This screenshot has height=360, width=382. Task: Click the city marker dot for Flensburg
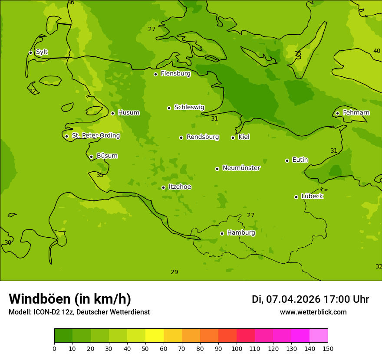point(155,74)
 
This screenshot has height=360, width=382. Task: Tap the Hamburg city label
point(241,233)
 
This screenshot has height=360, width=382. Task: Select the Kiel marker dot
point(233,137)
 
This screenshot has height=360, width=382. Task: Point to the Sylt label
point(42,52)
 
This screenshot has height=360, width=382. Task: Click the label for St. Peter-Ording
point(96,136)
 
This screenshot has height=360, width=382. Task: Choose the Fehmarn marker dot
point(337,113)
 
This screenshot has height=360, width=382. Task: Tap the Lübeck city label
point(312,196)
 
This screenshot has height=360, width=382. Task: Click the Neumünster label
point(241,168)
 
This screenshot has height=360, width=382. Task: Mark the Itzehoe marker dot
point(163,187)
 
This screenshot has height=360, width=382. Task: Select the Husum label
point(128,113)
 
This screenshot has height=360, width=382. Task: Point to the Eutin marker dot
point(287,160)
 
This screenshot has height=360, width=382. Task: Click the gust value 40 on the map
point(377,51)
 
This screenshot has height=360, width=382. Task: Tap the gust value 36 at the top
point(71,3)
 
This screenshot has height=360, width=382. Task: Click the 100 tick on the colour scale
point(237,348)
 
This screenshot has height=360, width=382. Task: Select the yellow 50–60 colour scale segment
point(155,335)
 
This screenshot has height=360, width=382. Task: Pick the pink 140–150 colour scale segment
point(319,335)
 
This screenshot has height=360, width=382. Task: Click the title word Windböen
point(40,299)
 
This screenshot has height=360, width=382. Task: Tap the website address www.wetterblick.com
point(313,312)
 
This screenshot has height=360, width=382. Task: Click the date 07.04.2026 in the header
point(293,299)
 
